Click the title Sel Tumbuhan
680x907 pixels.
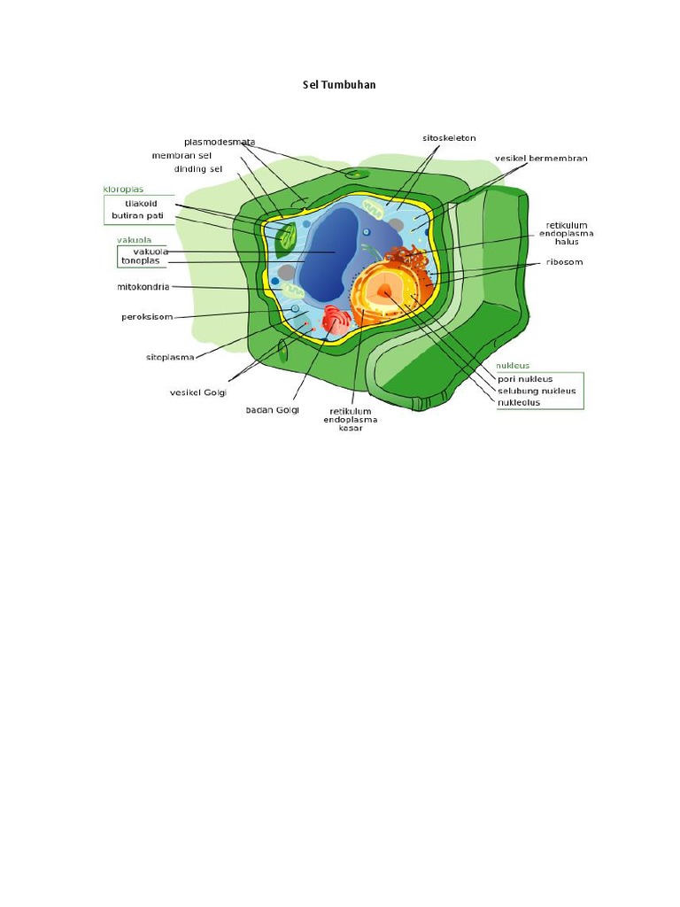pyautogui.click(x=340, y=85)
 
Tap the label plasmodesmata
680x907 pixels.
pyautogui.click(x=220, y=142)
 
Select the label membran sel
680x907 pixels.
pyautogui.click(x=182, y=155)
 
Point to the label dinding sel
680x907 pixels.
pyautogui.click(x=198, y=168)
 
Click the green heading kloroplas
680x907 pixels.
pyautogui.click(x=124, y=189)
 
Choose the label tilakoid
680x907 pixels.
pyautogui.click(x=141, y=203)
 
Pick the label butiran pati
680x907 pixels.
pyautogui.click(x=138, y=215)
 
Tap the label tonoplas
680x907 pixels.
pyautogui.click(x=141, y=260)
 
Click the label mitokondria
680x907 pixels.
pyautogui.click(x=143, y=286)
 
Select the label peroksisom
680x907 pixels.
pyautogui.click(x=147, y=316)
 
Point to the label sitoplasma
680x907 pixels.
pyautogui.click(x=170, y=357)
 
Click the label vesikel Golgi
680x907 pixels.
pyautogui.click(x=199, y=391)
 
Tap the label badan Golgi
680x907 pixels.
pyautogui.click(x=273, y=409)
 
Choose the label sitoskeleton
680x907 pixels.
pyautogui.click(x=449, y=138)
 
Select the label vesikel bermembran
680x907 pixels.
pyautogui.click(x=541, y=159)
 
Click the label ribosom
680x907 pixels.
pyautogui.click(x=564, y=262)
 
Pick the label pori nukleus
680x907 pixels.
pyautogui.click(x=525, y=379)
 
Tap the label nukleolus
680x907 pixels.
pyautogui.click(x=519, y=402)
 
